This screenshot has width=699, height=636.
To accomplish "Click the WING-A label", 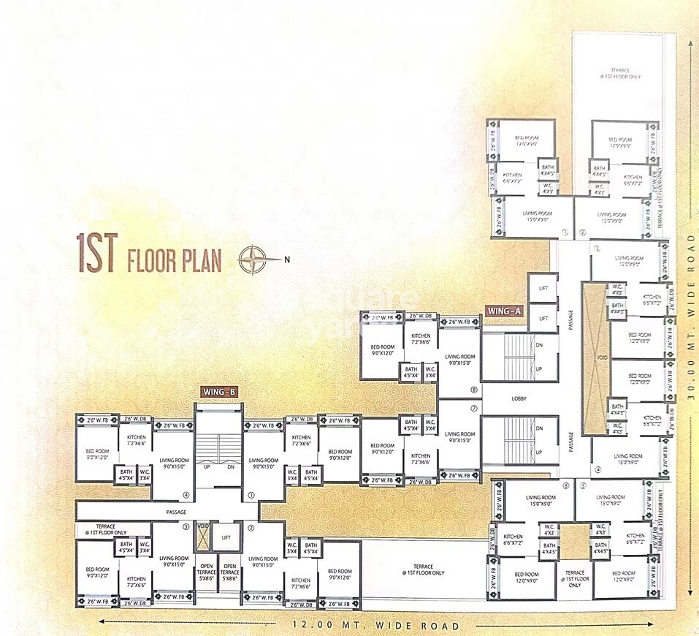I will tap(505, 311).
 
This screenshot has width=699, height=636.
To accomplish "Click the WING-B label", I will tap(218, 392).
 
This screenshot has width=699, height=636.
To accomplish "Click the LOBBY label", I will tap(519, 398).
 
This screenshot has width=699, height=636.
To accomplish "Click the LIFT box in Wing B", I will tap(226, 537).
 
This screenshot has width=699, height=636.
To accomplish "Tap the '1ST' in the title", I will tap(97, 254).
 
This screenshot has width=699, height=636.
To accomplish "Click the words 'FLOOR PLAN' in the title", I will tap(175, 261).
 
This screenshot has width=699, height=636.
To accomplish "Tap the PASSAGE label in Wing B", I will tap(177, 512).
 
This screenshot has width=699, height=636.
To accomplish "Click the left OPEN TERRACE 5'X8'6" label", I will tap(207, 571).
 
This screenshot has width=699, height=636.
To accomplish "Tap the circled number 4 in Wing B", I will tap(186, 495).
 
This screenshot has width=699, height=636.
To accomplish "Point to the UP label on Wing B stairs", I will tap(208, 466).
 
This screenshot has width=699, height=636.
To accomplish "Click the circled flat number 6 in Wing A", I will tap(565, 485).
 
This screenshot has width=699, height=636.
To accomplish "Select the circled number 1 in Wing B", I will tap(251, 495).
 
